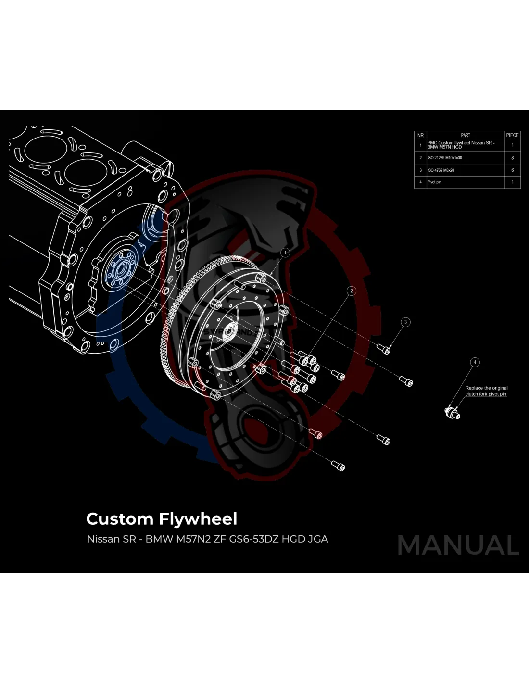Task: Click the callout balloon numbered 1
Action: tap(285, 253)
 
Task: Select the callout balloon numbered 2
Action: tap(352, 291)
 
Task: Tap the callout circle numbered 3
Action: tap(405, 322)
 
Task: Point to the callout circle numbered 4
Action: tap(475, 362)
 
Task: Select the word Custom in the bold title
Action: tap(119, 519)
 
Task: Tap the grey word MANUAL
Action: tap(458, 545)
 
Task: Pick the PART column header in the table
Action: tap(465, 135)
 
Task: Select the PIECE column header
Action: tap(512, 135)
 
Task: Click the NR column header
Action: tap(420, 135)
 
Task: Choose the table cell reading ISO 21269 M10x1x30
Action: tap(445, 158)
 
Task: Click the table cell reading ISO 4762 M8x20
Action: tap(441, 170)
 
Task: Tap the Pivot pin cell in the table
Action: tap(434, 182)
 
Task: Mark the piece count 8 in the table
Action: tap(512, 158)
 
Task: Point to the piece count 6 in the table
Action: tap(512, 170)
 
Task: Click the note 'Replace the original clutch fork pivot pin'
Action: tap(486, 391)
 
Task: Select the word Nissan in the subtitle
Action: tap(103, 539)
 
